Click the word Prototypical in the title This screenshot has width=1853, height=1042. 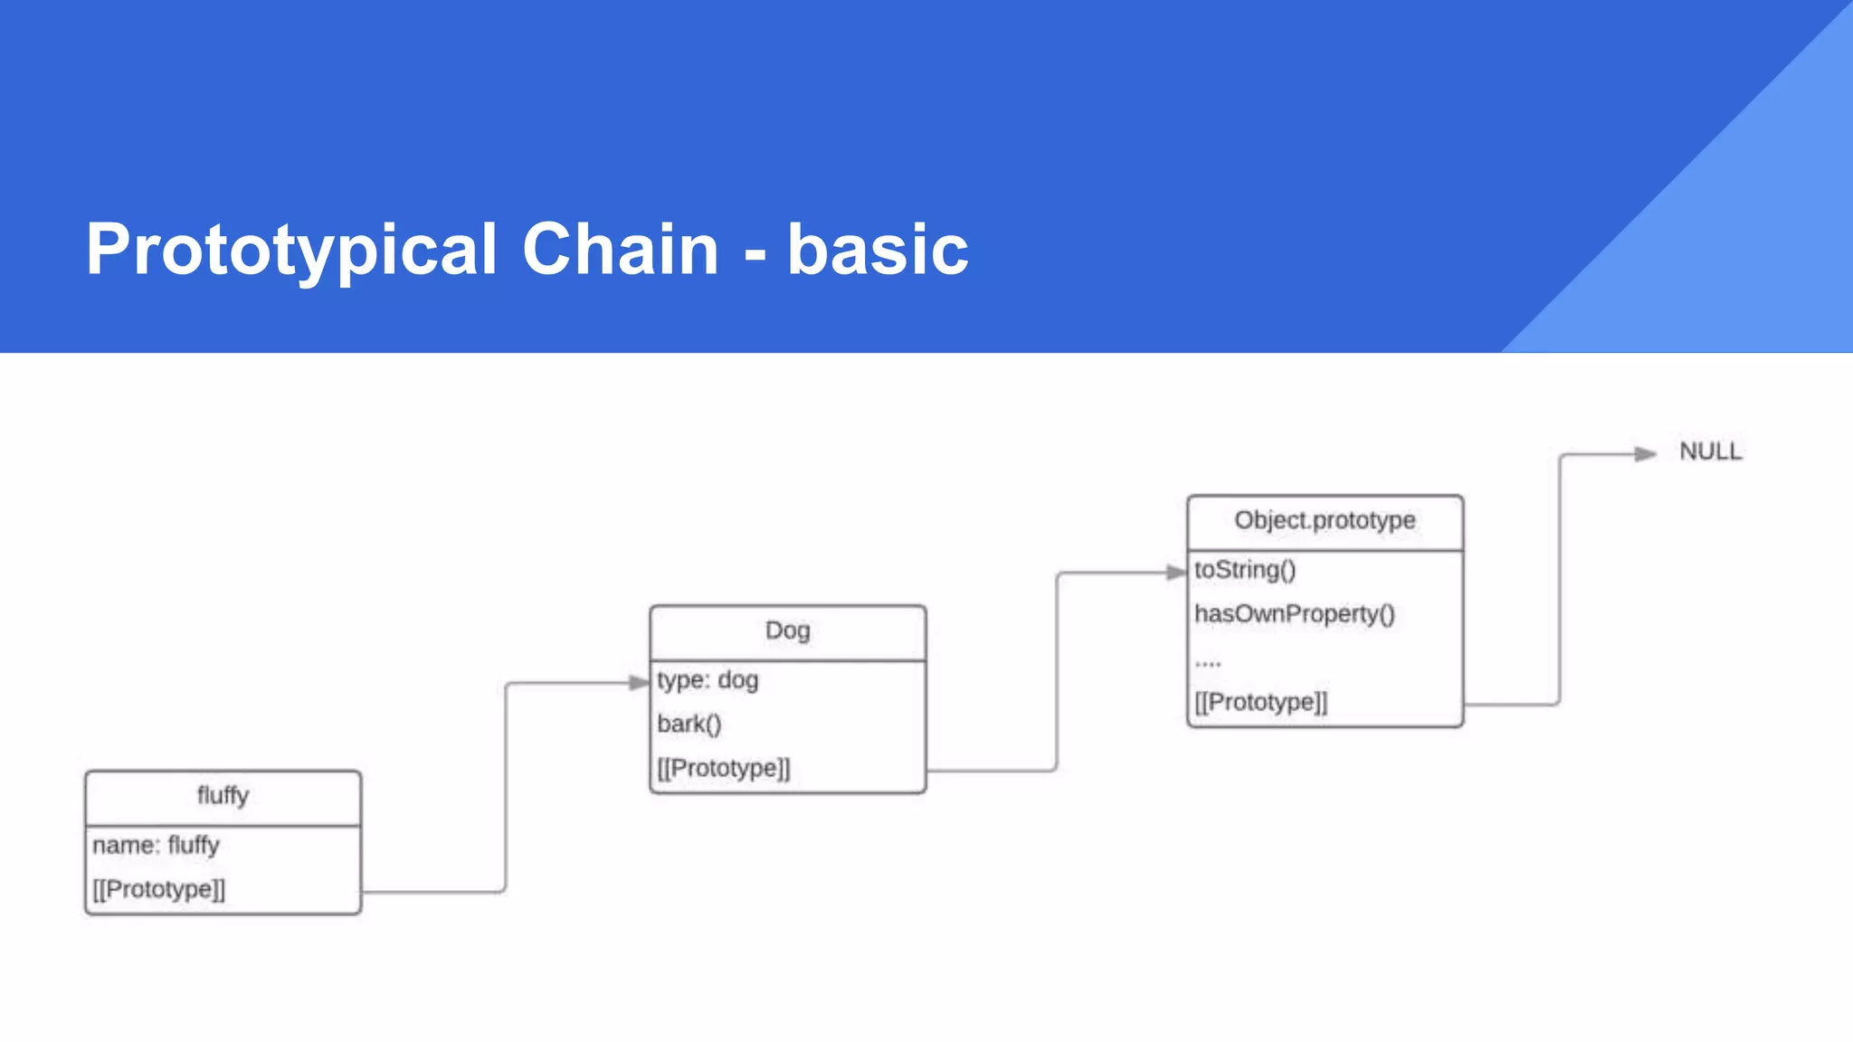click(x=291, y=250)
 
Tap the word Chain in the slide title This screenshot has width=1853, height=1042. click(x=620, y=250)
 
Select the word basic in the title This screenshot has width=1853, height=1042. click(x=878, y=250)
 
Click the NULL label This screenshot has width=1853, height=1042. click(x=1710, y=451)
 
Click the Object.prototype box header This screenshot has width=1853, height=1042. click(x=1325, y=521)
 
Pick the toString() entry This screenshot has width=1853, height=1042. click(x=1245, y=570)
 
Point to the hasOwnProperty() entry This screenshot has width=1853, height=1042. click(x=1294, y=614)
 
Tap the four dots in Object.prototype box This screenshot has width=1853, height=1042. click(x=1208, y=663)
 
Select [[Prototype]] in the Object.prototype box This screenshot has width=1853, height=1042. click(x=1260, y=702)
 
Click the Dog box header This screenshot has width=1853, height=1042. click(x=787, y=630)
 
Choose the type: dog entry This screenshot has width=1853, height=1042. click(x=708, y=680)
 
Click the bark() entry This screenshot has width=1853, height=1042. click(x=689, y=725)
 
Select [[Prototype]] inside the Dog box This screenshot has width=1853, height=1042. click(x=724, y=768)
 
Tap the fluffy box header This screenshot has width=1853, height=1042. click(x=223, y=796)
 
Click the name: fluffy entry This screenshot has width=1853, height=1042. click(x=156, y=845)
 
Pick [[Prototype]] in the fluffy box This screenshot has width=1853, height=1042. click(x=159, y=889)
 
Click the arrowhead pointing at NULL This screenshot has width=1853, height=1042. click(x=1645, y=454)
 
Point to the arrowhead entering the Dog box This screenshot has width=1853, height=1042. click(x=639, y=683)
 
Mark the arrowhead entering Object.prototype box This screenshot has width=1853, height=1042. click(x=1176, y=572)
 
